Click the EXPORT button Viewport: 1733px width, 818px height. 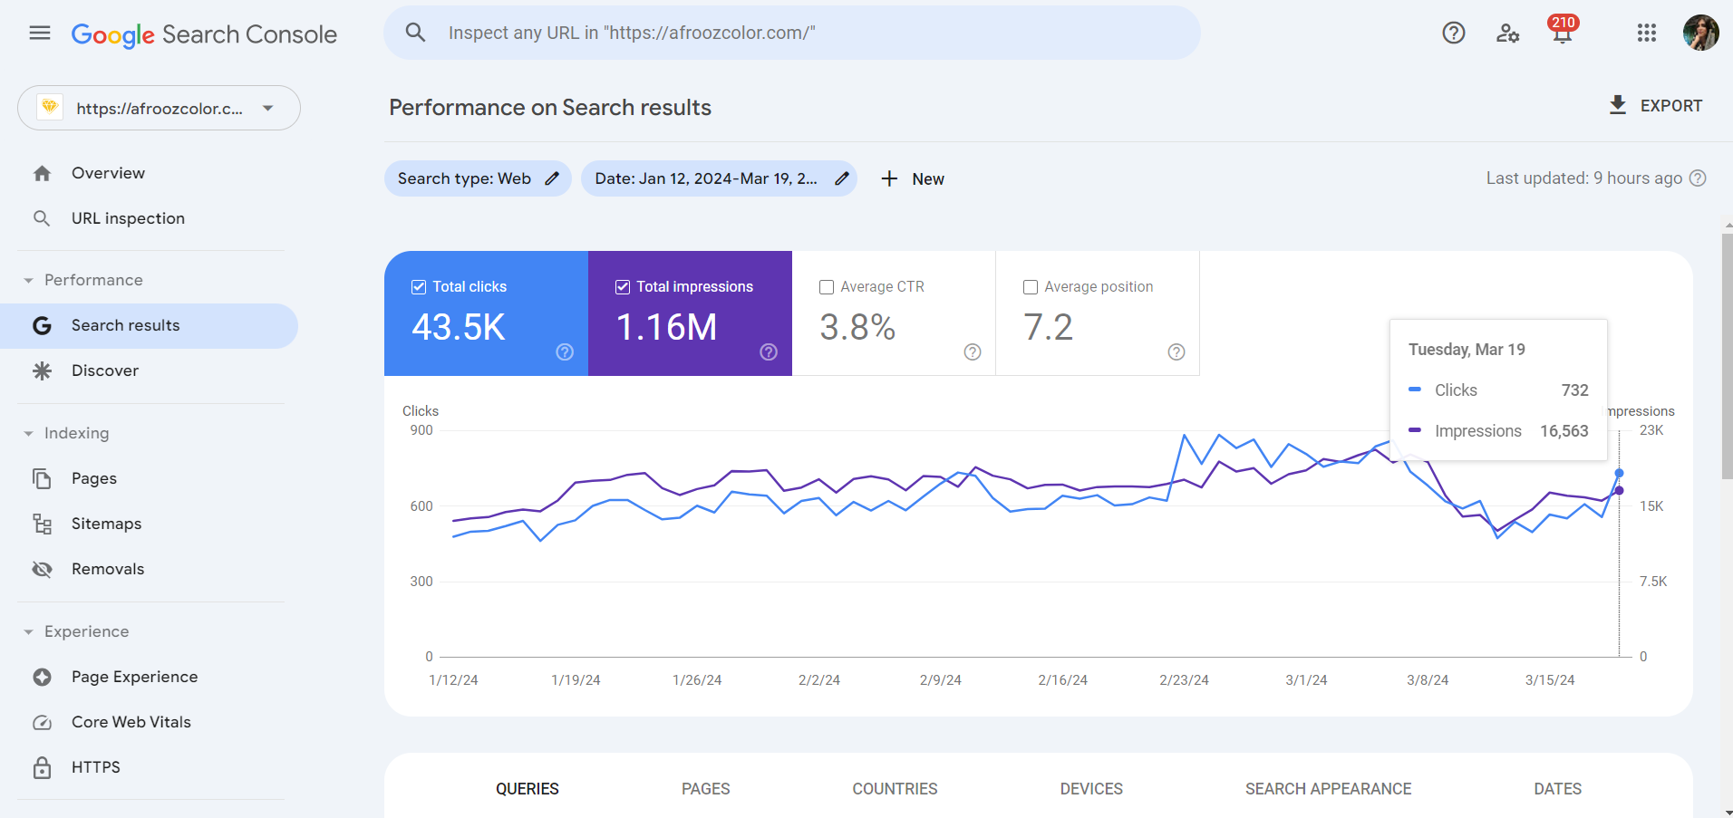coord(1655,106)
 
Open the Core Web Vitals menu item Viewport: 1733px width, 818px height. coord(131,722)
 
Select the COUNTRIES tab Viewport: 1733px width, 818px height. coord(894,788)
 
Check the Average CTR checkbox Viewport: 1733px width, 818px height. coord(827,287)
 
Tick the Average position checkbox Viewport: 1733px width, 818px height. coord(1031,287)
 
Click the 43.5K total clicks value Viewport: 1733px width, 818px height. coord(458,327)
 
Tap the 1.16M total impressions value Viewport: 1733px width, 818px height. coord(666,327)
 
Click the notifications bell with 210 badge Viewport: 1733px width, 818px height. coord(1562,34)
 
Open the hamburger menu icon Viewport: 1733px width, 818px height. coord(40,34)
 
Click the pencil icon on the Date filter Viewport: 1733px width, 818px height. coord(841,178)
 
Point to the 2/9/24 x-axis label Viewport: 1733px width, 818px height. coord(940,679)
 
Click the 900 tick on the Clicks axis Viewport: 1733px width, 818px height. coord(421,430)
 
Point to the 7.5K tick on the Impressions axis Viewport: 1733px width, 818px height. coord(1652,582)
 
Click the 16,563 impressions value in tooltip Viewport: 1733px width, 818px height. coord(1564,431)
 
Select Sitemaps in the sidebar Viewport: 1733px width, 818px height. coord(106,524)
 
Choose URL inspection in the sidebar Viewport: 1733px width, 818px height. coord(128,218)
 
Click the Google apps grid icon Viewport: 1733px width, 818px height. coord(1646,34)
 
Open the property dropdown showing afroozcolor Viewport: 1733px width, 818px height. coord(159,109)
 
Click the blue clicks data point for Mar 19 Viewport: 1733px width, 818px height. coord(1619,473)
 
